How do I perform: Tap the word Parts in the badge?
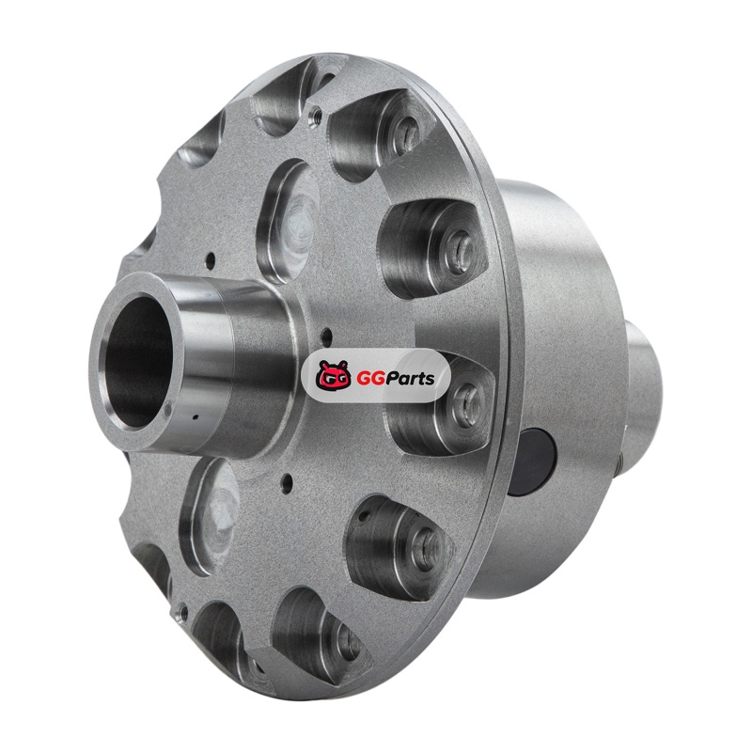tap(410, 379)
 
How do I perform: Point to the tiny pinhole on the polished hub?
tap(195, 416)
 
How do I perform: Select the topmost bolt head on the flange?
tap(406, 130)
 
